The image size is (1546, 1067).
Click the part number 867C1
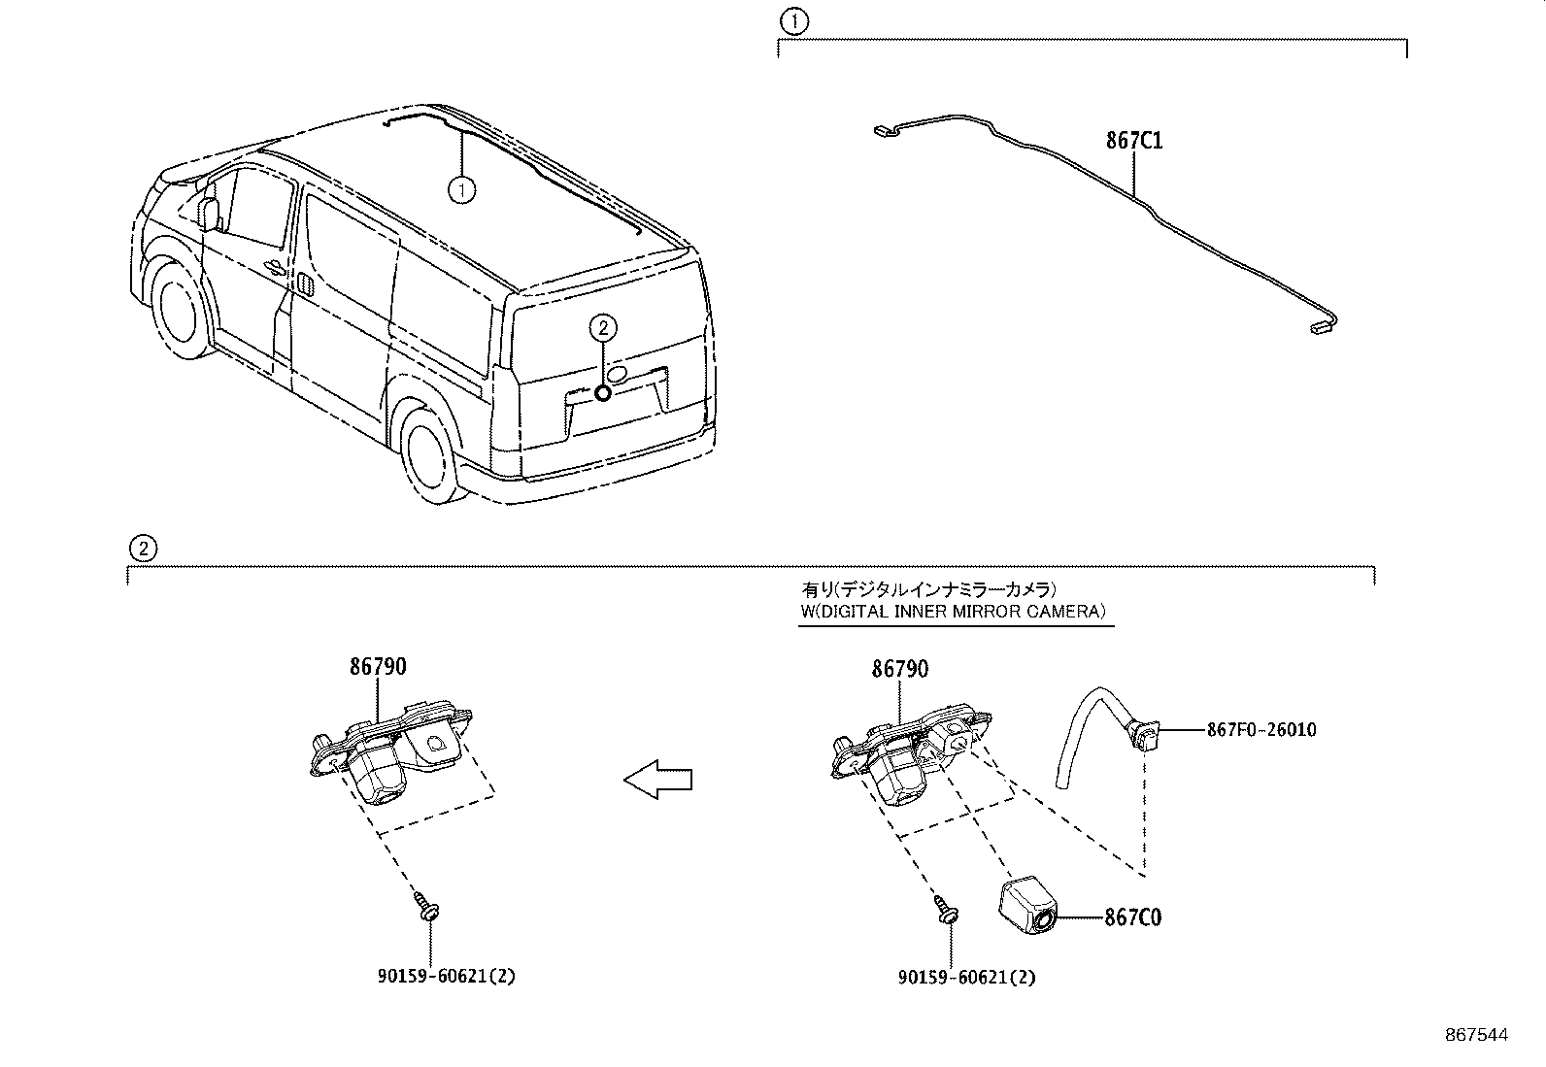(1133, 141)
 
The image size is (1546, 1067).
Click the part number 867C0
(1132, 917)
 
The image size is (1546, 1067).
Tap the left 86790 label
(378, 667)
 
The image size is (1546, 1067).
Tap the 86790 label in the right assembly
(899, 669)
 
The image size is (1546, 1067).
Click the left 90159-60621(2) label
(446, 977)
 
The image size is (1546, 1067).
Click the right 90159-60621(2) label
(967, 978)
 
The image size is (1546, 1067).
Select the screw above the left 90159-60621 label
(427, 908)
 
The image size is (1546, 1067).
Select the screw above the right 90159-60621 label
(948, 910)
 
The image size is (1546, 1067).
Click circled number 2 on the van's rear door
(602, 328)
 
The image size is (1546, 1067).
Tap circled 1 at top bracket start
(794, 20)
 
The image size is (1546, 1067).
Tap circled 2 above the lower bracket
(142, 549)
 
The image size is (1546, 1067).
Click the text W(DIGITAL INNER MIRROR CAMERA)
(953, 612)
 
